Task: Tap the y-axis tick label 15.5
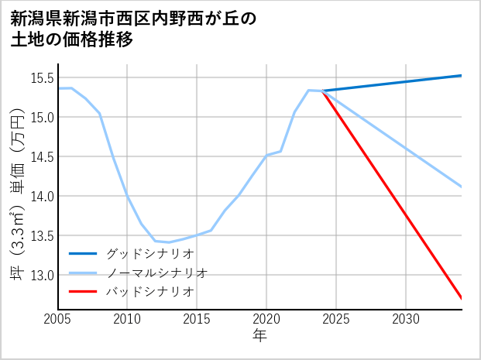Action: (x=42, y=77)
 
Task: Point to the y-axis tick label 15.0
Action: (x=42, y=117)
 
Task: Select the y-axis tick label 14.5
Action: (x=42, y=156)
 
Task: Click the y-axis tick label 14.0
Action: (x=42, y=196)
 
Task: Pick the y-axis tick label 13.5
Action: (x=42, y=235)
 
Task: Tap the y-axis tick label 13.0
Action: (x=42, y=275)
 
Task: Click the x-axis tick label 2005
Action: (x=57, y=319)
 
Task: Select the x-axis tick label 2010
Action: (x=127, y=319)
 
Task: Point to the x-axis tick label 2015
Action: (x=197, y=319)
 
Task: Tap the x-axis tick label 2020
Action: (x=266, y=319)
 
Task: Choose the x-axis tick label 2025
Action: (x=336, y=319)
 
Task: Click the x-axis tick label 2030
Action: (x=406, y=319)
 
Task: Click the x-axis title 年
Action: (x=259, y=336)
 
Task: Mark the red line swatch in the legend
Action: (x=83, y=292)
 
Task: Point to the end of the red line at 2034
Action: (x=462, y=298)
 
